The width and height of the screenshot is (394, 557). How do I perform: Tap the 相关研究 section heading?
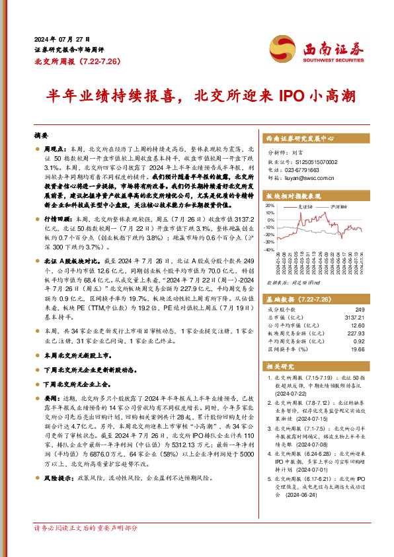tap(280, 364)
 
